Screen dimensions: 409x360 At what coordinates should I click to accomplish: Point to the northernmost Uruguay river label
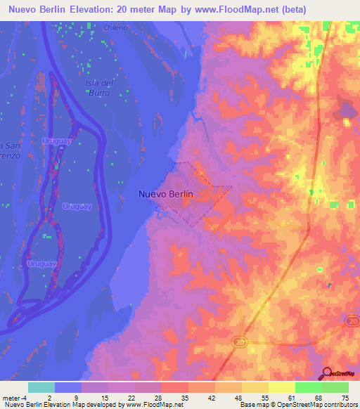pyautogui.click(x=57, y=141)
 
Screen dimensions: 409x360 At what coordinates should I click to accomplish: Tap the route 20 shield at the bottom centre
pyautogui.click(x=238, y=341)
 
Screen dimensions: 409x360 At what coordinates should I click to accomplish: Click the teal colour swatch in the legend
pyautogui.click(x=41, y=387)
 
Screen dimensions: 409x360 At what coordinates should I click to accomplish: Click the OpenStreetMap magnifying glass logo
pyautogui.click(x=328, y=373)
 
